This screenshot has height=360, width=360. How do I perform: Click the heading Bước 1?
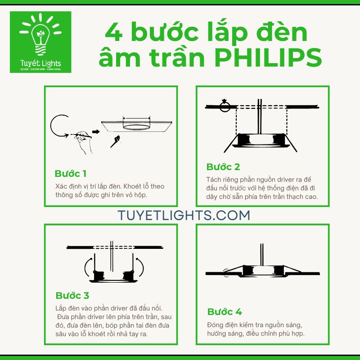click(x=70, y=174)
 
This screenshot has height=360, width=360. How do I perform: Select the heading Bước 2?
click(x=223, y=167)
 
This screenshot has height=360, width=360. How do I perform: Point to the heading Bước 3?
click(x=72, y=296)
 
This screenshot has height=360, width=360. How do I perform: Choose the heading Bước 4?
click(x=225, y=312)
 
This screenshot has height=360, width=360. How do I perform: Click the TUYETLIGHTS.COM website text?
click(x=184, y=215)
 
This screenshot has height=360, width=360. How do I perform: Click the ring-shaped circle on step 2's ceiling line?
click(x=224, y=107)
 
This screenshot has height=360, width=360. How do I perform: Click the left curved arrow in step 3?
click(x=87, y=268)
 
